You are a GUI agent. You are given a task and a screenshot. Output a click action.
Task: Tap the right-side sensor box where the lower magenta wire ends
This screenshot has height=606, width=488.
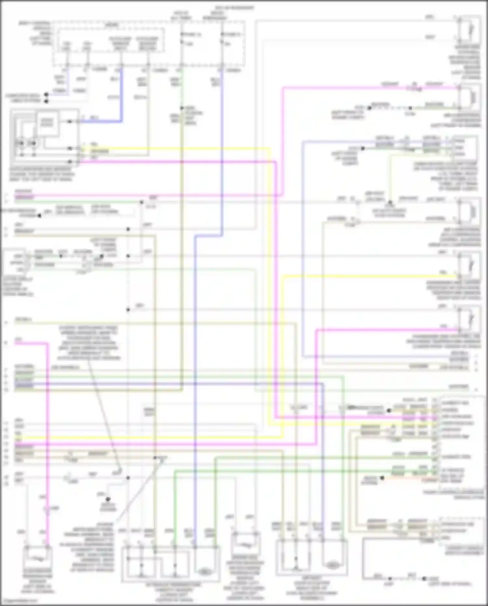(x=469, y=319)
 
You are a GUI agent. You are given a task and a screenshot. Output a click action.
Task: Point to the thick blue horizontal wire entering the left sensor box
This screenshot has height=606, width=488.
(x=101, y=121)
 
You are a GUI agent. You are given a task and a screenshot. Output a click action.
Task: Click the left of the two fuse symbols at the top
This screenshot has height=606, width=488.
(x=182, y=38)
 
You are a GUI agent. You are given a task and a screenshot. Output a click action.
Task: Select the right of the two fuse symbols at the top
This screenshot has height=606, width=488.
(x=222, y=38)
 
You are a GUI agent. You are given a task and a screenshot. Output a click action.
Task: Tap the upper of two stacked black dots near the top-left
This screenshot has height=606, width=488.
(x=46, y=95)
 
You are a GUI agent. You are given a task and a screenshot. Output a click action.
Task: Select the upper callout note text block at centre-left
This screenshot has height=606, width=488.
(x=89, y=343)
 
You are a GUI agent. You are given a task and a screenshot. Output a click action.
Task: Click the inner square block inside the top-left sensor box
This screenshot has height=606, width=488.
(x=47, y=123)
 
